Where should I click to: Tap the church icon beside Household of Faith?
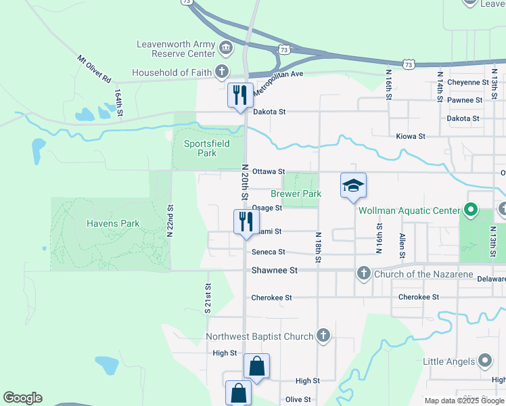pyautogui.click(x=221, y=72)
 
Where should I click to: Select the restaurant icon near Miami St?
pyautogui.click(x=245, y=221)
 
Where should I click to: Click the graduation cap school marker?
pyautogui.click(x=353, y=185)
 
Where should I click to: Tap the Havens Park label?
pyautogui.click(x=112, y=223)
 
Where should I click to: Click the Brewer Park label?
pyautogui.click(x=296, y=194)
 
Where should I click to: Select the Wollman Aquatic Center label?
pyautogui.click(x=409, y=210)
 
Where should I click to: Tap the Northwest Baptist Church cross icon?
pyautogui.click(x=323, y=336)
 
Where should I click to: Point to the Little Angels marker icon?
pyautogui.click(x=485, y=361)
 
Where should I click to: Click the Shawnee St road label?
pyautogui.click(x=275, y=270)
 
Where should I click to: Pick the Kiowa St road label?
pyautogui.click(x=411, y=136)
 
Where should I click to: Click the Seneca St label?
pyautogui.click(x=269, y=252)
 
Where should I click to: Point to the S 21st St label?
pyautogui.click(x=208, y=298)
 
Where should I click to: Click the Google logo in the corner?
pyautogui.click(x=22, y=398)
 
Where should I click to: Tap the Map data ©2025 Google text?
pyautogui.click(x=463, y=401)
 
